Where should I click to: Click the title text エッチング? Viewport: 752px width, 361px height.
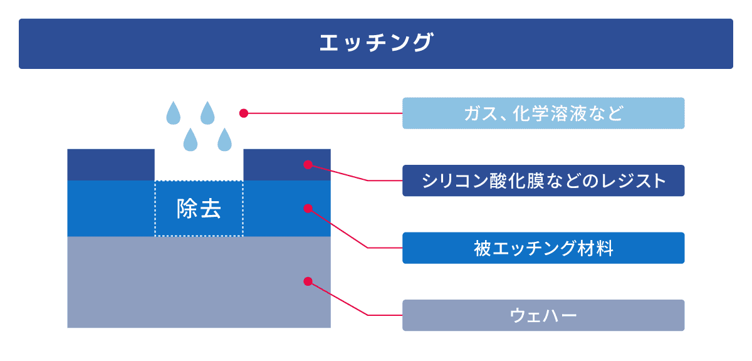coord(375,43)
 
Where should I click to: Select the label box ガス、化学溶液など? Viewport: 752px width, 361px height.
coord(543,113)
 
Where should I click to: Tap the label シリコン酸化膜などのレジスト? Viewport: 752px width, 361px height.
coord(543,180)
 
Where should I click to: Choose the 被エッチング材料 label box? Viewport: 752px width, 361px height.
coord(543,248)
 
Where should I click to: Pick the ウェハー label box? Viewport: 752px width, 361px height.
coord(543,315)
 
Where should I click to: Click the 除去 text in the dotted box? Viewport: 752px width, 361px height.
coord(199,209)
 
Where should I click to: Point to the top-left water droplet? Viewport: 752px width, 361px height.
coord(173,113)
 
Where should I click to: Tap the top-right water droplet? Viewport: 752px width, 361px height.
coord(207,113)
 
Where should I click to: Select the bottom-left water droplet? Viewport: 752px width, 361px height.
coord(190,140)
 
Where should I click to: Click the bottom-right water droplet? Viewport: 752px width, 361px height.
coord(224,140)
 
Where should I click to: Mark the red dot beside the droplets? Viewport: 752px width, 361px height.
coord(244,113)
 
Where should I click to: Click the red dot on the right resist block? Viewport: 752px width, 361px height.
coord(307,165)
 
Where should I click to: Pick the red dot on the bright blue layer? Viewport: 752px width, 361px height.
coord(307,207)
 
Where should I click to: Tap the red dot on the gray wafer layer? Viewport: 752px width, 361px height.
coord(307,281)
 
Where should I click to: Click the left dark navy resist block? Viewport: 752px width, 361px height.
coord(110,165)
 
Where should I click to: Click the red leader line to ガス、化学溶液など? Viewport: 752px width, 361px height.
coord(323,113)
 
